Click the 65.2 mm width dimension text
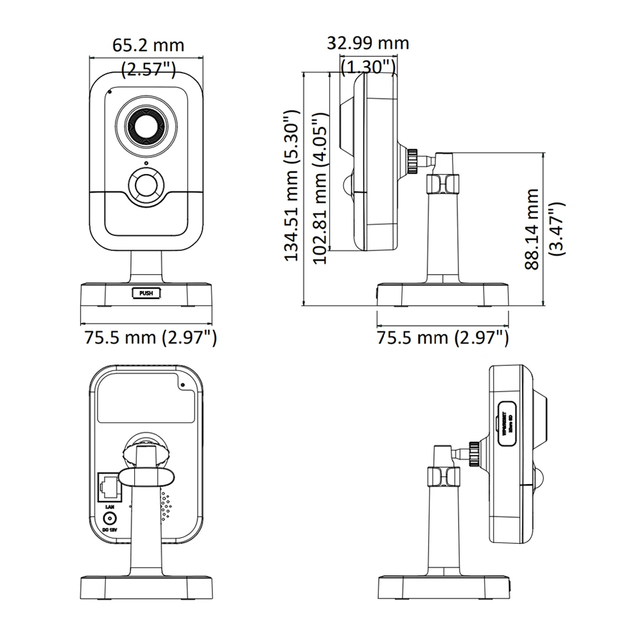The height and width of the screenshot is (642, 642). tap(148, 45)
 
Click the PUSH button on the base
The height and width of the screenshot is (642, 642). tap(146, 293)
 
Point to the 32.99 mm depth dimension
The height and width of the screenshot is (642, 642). tap(367, 43)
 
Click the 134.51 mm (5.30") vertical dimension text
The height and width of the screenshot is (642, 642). tap(293, 185)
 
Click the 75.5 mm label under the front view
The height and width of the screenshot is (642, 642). tap(148, 337)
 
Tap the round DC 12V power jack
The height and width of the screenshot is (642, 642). tap(109, 519)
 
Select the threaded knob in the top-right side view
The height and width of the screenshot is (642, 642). tap(412, 162)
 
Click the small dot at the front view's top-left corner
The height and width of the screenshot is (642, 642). tap(109, 91)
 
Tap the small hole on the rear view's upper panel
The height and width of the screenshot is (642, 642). tap(183, 385)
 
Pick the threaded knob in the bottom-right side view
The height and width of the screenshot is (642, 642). tap(474, 453)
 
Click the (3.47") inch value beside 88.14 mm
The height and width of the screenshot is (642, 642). tap(556, 229)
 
